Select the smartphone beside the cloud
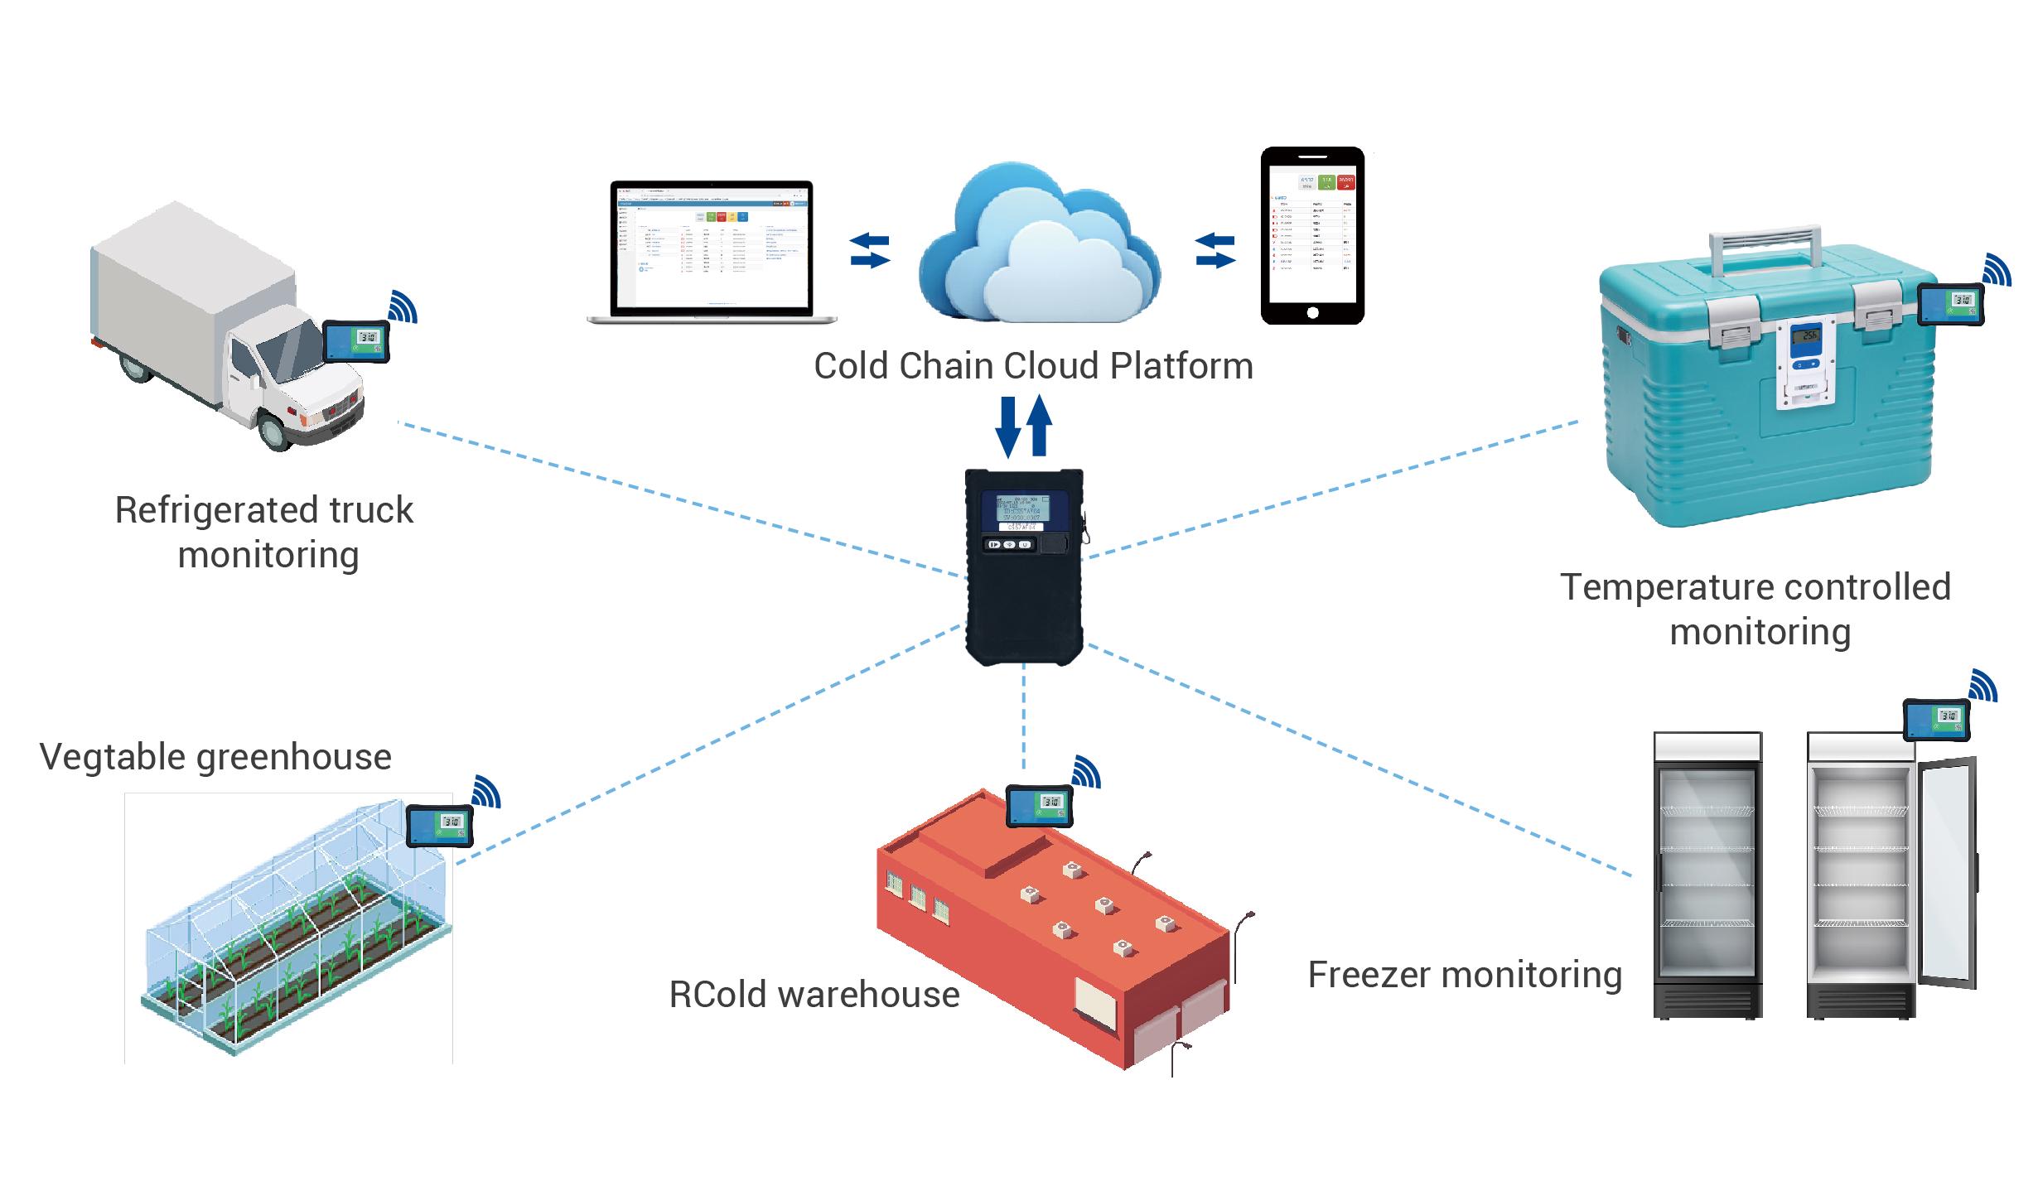pos(1312,235)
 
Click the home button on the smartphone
pos(1312,312)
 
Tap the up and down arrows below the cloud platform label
pos(1024,427)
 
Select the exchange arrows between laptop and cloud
pos(870,250)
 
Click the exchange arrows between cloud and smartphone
pos(1215,250)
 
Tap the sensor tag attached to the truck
pos(356,340)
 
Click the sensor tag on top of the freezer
pos(1936,719)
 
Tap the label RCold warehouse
pos(814,995)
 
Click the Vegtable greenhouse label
pos(215,757)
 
